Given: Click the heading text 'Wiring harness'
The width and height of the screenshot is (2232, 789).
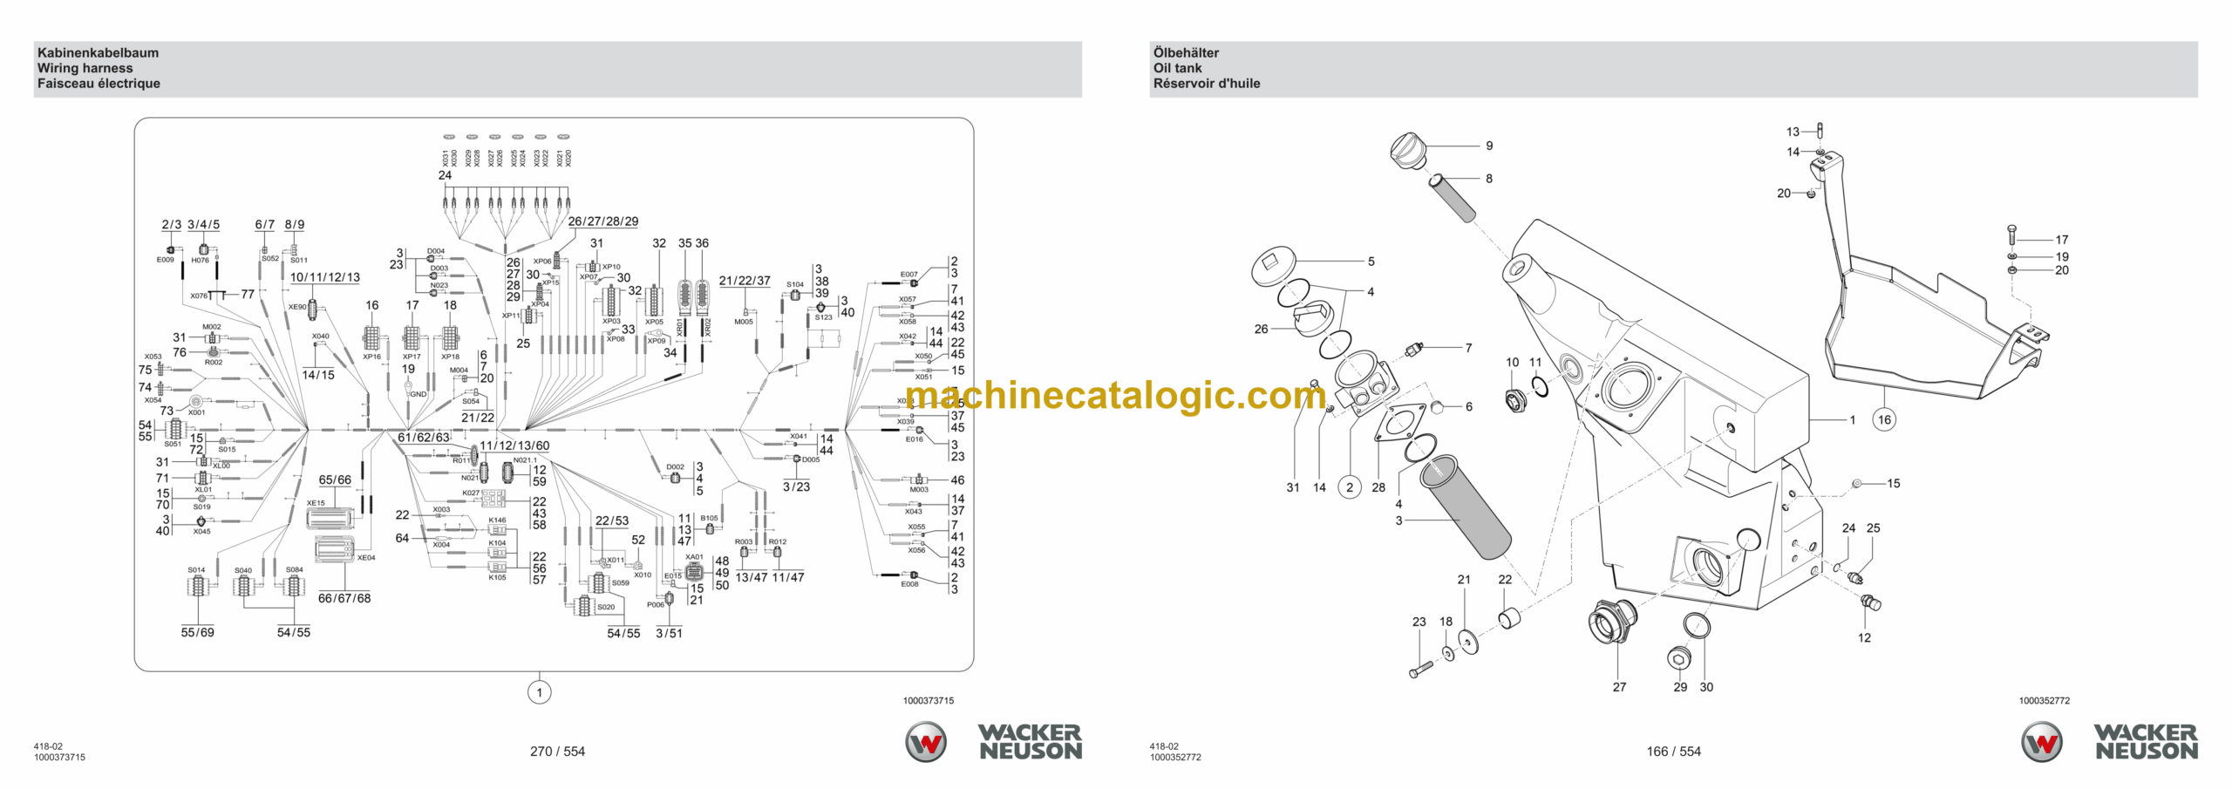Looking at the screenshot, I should pyautogui.click(x=85, y=68).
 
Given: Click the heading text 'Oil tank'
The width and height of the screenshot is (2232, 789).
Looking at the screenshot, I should pyautogui.click(x=1177, y=68).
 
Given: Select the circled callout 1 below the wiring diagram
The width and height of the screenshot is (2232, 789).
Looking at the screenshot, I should pyautogui.click(x=540, y=693).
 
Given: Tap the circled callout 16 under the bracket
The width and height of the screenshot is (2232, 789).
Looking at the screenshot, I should pyautogui.click(x=1884, y=419).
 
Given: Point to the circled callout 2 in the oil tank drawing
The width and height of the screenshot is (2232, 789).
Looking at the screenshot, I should pyautogui.click(x=1350, y=487).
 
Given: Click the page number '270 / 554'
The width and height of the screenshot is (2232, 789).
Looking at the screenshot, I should pyautogui.click(x=557, y=752).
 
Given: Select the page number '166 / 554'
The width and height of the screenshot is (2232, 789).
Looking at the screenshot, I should pyautogui.click(x=1673, y=752).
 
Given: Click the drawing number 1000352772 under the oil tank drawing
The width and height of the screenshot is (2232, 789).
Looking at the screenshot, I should pyautogui.click(x=2044, y=701).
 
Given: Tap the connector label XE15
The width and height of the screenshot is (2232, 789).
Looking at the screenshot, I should pyautogui.click(x=316, y=503).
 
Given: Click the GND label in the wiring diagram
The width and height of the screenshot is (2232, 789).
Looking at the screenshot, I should pyautogui.click(x=418, y=394).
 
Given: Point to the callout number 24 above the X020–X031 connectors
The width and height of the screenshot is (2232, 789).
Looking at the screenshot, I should pyautogui.click(x=445, y=175).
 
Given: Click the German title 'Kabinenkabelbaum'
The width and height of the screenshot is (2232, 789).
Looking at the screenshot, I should pyautogui.click(x=98, y=52).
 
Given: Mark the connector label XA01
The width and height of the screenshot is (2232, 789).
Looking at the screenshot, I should pyautogui.click(x=694, y=557).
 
